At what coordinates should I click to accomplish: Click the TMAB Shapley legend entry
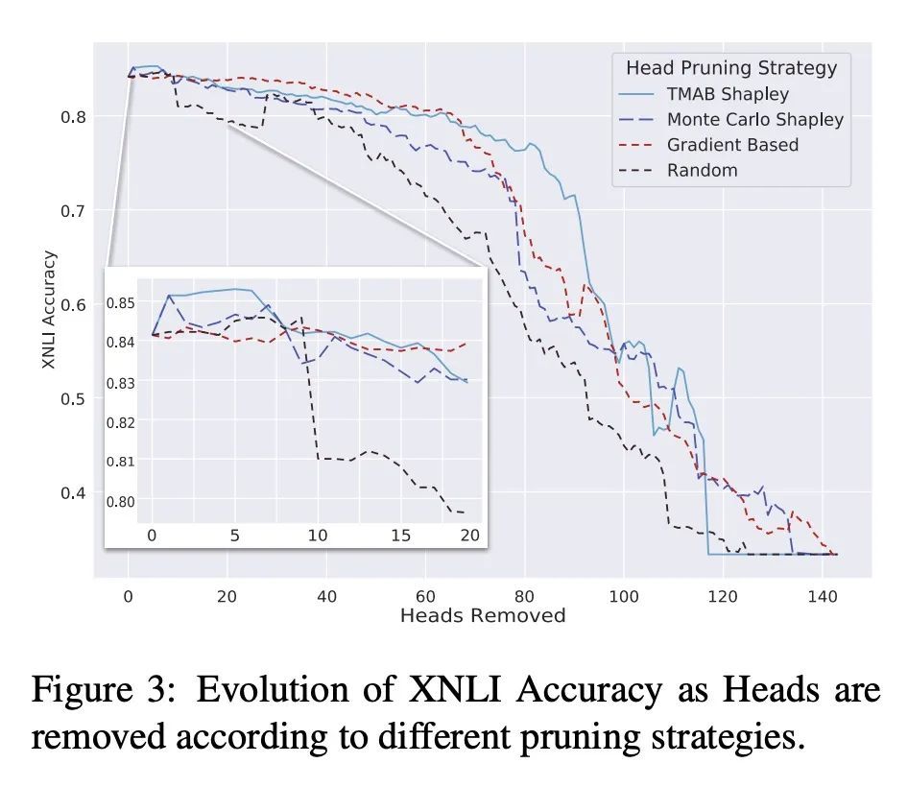(728, 94)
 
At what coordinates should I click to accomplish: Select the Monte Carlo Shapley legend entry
(755, 120)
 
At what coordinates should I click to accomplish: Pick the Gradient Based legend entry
(732, 145)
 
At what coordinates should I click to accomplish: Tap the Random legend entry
(702, 171)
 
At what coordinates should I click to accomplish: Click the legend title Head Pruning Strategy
(731, 68)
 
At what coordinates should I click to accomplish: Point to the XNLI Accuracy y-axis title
(50, 310)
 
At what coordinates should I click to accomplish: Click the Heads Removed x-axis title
(483, 615)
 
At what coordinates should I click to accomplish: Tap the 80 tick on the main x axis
(524, 596)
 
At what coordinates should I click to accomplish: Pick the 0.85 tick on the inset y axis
(124, 303)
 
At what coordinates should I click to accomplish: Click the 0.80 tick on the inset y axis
(124, 501)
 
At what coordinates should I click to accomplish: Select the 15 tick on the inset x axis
(401, 535)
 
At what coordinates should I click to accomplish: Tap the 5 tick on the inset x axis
(235, 535)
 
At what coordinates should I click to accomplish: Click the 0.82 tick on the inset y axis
(124, 422)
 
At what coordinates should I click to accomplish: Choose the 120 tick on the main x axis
(723, 596)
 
